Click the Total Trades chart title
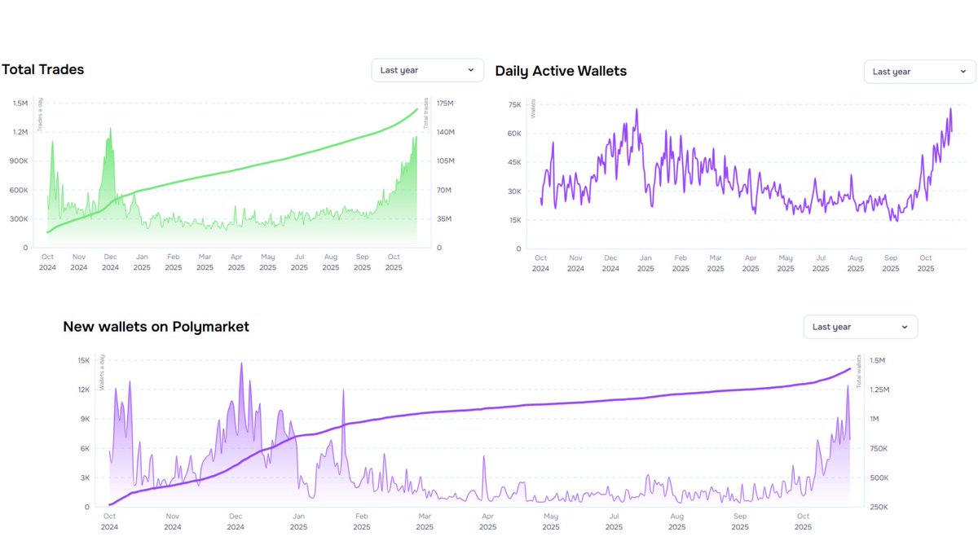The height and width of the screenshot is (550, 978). (42, 69)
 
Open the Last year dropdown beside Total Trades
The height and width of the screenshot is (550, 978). (427, 70)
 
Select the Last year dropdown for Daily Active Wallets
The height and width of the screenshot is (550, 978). (919, 72)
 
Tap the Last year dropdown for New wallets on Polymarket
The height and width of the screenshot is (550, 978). (860, 327)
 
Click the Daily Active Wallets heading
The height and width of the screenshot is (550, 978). (561, 71)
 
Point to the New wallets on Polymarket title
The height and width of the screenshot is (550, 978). (156, 327)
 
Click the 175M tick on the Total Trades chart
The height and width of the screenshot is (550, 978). (445, 103)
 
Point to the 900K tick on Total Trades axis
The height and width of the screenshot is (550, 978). (19, 161)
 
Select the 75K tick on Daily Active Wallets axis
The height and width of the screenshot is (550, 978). (514, 105)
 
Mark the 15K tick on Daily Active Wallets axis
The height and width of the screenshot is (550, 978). (514, 221)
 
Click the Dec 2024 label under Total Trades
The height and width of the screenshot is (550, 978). (110, 262)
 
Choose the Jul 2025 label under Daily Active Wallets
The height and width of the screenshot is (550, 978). (821, 262)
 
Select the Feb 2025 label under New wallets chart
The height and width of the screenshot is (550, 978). (361, 521)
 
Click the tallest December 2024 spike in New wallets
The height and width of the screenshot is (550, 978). (241, 363)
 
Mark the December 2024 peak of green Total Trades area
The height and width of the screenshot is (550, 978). (110, 128)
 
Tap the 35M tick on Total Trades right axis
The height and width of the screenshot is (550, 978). (444, 219)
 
